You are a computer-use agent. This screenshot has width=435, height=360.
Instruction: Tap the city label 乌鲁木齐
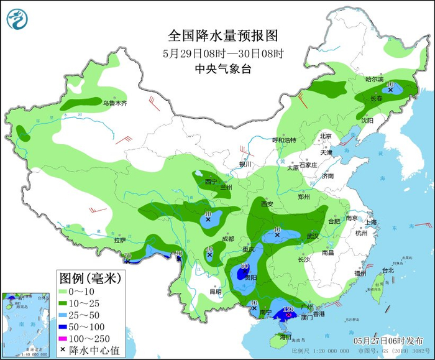pyautogui.click(x=114, y=103)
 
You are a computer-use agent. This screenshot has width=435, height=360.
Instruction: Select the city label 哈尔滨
pyautogui.click(x=375, y=79)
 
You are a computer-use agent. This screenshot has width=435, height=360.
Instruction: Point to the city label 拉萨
pyautogui.click(x=119, y=240)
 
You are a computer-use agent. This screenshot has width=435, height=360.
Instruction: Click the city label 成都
pyautogui.click(x=227, y=239)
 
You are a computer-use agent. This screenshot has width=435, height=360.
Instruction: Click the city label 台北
pyautogui.click(x=388, y=270)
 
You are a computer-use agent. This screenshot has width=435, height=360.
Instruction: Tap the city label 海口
pyautogui.click(x=285, y=336)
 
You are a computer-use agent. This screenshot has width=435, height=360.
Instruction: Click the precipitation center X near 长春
pyautogui.click(x=390, y=90)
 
